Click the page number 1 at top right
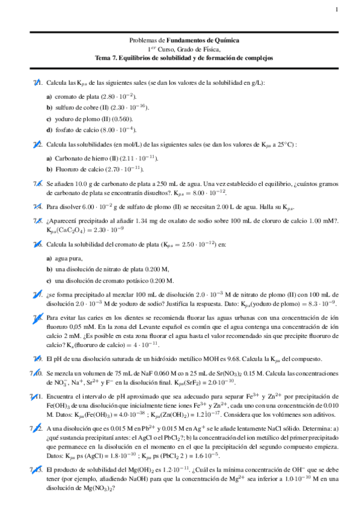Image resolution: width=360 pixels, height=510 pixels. coord(337,9)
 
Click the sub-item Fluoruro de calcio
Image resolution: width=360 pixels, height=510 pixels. coord(93,169)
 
